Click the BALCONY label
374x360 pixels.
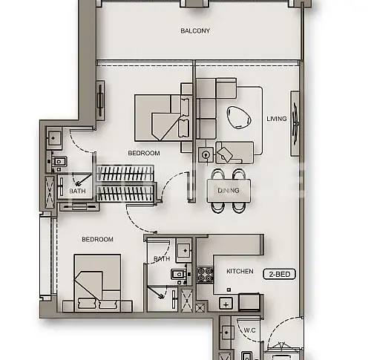(x=195, y=31)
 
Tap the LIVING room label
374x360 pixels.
(x=277, y=119)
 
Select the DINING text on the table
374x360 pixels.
(x=229, y=191)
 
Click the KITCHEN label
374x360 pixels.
(x=240, y=271)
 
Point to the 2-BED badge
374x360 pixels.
(x=280, y=274)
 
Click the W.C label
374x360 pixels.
(x=249, y=330)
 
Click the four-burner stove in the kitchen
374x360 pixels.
(x=205, y=275)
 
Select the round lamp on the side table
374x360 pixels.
(x=206, y=155)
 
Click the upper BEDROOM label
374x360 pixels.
(x=144, y=153)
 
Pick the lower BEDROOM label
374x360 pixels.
(x=97, y=239)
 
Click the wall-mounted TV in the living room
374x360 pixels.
(x=295, y=123)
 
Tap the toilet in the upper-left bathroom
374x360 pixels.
(x=58, y=162)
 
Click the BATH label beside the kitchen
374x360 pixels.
(x=162, y=259)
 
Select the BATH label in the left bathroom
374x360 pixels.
(x=77, y=191)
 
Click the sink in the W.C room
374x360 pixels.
(x=226, y=333)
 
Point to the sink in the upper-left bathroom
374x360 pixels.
(x=53, y=138)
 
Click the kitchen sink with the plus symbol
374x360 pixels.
(x=226, y=304)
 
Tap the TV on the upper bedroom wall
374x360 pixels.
(x=100, y=100)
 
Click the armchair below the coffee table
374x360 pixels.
(x=234, y=153)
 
